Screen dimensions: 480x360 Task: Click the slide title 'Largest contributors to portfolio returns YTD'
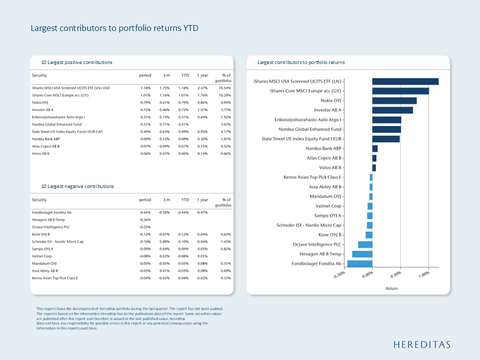click(114, 28)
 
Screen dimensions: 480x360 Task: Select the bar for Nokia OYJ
click(394, 100)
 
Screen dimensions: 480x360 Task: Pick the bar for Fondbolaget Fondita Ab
click(359, 263)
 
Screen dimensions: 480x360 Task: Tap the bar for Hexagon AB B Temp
click(362, 254)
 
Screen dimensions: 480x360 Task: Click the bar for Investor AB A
click(392, 110)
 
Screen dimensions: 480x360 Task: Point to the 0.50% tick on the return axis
click(400, 268)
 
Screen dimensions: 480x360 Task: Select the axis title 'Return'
click(391, 288)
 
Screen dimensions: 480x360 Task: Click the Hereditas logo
click(422, 344)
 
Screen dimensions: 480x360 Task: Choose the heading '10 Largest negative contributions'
click(77, 186)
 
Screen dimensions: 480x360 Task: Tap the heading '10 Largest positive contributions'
click(77, 62)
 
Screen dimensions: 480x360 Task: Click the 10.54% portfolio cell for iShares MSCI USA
click(225, 88)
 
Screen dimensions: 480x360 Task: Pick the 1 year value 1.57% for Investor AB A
click(202, 110)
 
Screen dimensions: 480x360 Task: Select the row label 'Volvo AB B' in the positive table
click(40, 153)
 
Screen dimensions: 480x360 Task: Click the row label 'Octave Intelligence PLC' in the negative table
click(51, 227)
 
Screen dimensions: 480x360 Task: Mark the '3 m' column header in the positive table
click(166, 75)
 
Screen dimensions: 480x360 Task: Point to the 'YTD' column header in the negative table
click(185, 200)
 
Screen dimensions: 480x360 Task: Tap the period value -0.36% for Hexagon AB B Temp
click(145, 220)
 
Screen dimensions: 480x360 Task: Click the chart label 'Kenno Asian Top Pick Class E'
click(312, 177)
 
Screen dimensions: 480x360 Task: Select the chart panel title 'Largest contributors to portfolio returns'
click(301, 62)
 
